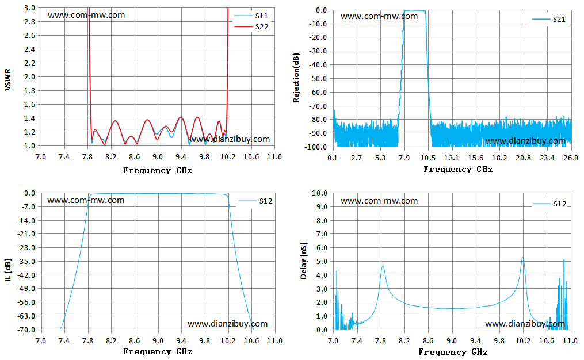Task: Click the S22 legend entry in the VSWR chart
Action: pyautogui.click(x=251, y=27)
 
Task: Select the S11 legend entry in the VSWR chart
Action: pyautogui.click(x=251, y=16)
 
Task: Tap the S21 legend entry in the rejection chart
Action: pyautogui.click(x=549, y=20)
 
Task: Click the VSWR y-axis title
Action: pyautogui.click(x=8, y=79)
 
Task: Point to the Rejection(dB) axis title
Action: pyautogui.click(x=296, y=78)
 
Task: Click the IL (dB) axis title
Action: pyautogui.click(x=8, y=270)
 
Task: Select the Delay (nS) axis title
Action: pyautogui.click(x=304, y=261)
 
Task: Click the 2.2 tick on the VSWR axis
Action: pyautogui.click(x=29, y=63)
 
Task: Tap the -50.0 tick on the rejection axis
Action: pyautogui.click(x=318, y=79)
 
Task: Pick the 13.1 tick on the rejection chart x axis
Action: pyautogui.click(x=452, y=158)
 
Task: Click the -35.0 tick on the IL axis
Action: pyautogui.click(x=26, y=261)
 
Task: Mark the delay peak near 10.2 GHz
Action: pyautogui.click(x=522, y=257)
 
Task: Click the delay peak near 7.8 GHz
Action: pyautogui.click(x=383, y=266)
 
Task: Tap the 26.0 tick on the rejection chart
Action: pyautogui.click(x=571, y=158)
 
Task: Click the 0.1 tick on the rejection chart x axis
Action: pyautogui.click(x=332, y=158)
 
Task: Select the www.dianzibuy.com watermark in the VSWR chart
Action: pyautogui.click(x=230, y=139)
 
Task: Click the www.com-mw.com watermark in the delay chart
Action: pyautogui.click(x=379, y=201)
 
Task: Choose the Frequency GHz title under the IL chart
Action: pyautogui.click(x=158, y=351)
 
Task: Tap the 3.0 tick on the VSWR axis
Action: pyautogui.click(x=29, y=8)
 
